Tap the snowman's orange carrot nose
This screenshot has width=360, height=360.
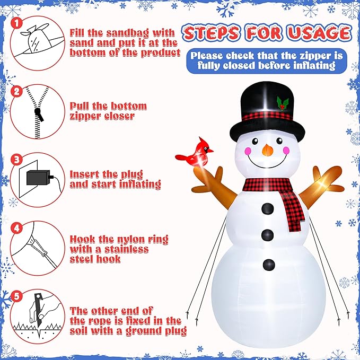coord(267,150)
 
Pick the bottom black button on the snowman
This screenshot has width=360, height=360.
coord(269,263)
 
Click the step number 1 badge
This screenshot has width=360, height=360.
coord(17,23)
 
